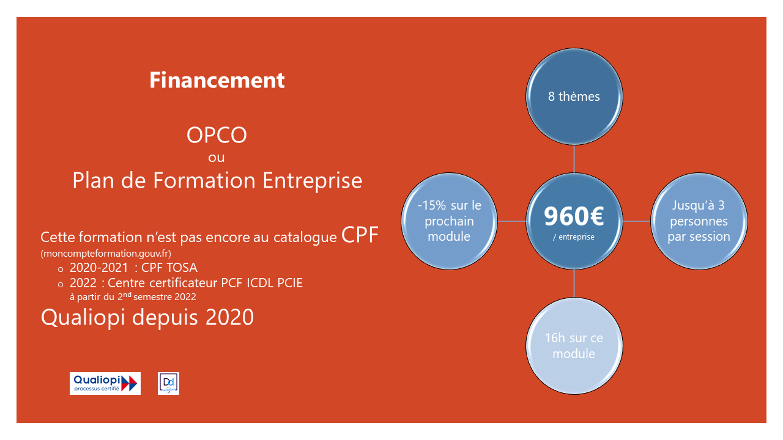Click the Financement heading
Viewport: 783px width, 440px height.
pos(217,80)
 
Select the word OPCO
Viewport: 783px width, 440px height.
pos(217,135)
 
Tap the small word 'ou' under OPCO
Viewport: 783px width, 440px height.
pos(217,158)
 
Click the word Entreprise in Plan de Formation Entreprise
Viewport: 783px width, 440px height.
pos(312,180)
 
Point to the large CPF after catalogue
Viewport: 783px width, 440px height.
pos(360,235)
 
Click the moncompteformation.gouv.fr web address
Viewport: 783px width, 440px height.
pos(106,253)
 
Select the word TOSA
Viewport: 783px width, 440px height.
pos(182,268)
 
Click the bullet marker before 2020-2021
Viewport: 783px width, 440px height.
pos(61,269)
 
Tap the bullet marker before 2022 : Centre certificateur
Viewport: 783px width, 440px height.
pos(61,285)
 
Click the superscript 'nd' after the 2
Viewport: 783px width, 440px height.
pos(128,295)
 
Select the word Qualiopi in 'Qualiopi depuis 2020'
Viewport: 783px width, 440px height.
pos(83,317)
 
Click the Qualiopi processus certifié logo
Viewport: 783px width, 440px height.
pos(105,383)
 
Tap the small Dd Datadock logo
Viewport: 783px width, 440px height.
pos(168,383)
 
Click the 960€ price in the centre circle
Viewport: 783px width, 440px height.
pos(574,216)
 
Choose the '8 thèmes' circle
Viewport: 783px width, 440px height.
pos(574,97)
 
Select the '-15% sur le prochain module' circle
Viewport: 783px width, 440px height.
pos(450,221)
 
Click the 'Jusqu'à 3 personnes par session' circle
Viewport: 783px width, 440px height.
pos(699,221)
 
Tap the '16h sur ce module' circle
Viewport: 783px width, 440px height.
pos(574,346)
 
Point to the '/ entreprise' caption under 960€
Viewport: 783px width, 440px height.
pos(574,237)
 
